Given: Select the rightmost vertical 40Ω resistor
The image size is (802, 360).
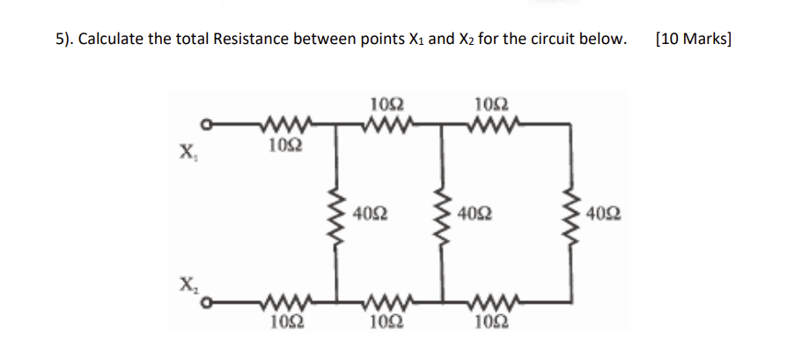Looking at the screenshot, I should click(x=574, y=213).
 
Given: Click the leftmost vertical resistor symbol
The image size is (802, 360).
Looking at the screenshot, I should click(x=335, y=213).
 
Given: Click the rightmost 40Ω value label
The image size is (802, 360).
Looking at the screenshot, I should click(x=604, y=214).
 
